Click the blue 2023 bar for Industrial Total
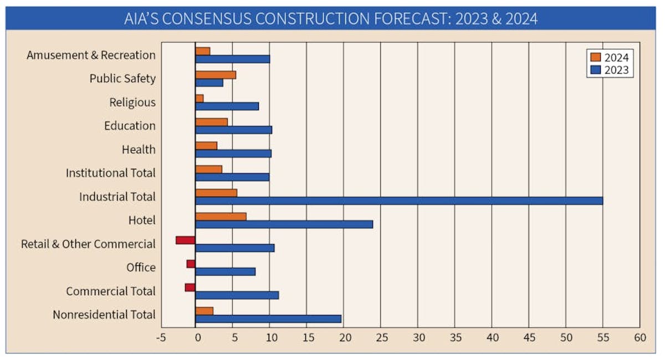[x=399, y=200]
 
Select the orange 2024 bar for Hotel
[x=221, y=216]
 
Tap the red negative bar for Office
[x=191, y=264]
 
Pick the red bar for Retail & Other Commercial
[x=186, y=240]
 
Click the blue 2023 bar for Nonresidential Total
[x=268, y=318]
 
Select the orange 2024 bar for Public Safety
[x=216, y=75]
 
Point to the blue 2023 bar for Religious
[x=227, y=106]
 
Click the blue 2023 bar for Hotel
[x=284, y=224]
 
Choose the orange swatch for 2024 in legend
[x=595, y=57]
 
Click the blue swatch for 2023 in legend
[x=595, y=70]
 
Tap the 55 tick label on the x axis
[x=602, y=338]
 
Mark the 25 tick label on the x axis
[x=380, y=338]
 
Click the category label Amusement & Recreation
[x=91, y=55]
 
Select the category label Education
[x=130, y=126]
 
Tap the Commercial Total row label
[x=111, y=291]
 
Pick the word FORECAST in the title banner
[x=404, y=19]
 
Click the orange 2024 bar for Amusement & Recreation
[x=203, y=51]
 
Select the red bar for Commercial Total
[x=190, y=287]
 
